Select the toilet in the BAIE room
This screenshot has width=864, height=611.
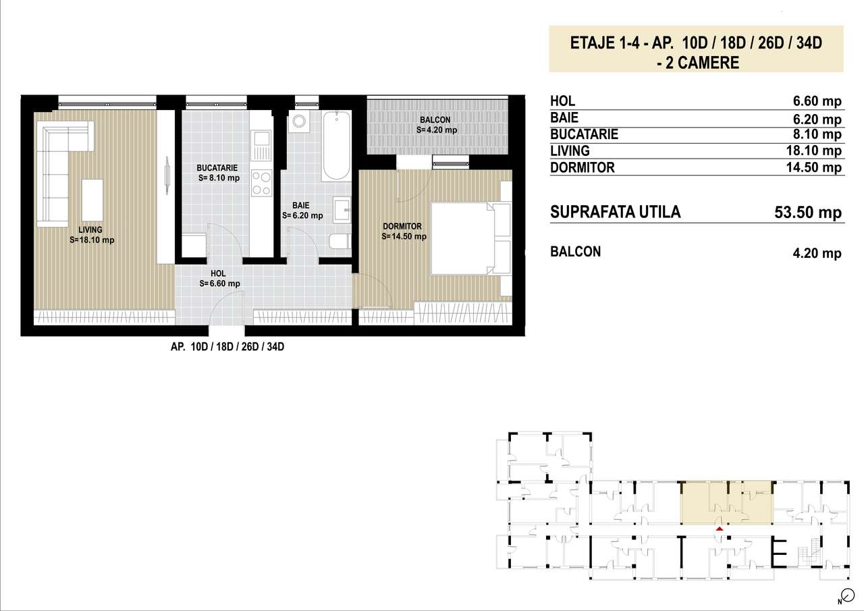coord(340,242)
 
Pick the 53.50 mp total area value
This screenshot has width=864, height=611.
coord(808,213)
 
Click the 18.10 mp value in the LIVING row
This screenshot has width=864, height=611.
coord(817,151)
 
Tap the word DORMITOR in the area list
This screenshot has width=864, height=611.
coord(583,167)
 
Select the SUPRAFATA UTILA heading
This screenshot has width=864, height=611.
coord(616,212)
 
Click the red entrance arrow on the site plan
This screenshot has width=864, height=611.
coord(720,529)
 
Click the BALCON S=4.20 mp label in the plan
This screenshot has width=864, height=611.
coord(436,125)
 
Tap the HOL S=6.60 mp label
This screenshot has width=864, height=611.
coord(219,279)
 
